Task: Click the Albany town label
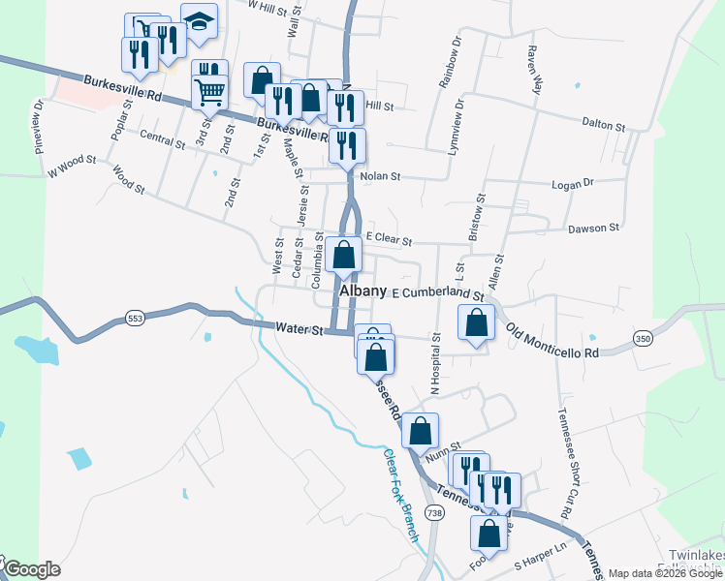tap(363, 290)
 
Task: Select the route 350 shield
tap(642, 338)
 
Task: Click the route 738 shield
tap(433, 512)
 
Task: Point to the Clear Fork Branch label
tap(399, 495)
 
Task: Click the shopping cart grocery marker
tap(210, 94)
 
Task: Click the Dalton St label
tap(602, 123)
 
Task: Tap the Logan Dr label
tap(574, 183)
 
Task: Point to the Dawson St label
tap(593, 229)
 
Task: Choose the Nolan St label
tap(380, 177)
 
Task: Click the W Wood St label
tap(73, 166)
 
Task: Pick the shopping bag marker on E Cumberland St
tap(476, 325)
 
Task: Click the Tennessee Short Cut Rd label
tap(562, 459)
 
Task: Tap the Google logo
tap(32, 570)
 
